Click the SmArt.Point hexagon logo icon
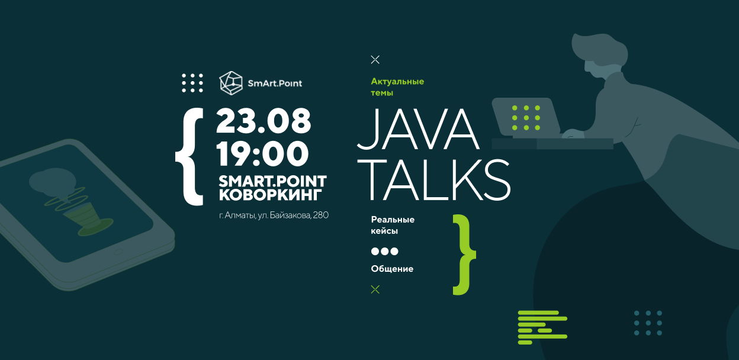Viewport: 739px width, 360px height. click(231, 83)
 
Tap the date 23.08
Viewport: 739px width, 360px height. click(264, 121)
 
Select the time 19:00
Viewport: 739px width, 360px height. click(262, 153)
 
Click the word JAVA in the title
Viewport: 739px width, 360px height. click(418, 129)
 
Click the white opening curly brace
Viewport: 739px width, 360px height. click(189, 157)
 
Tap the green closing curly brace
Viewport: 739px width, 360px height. click(464, 255)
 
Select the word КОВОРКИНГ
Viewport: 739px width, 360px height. click(270, 195)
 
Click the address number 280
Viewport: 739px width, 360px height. click(321, 216)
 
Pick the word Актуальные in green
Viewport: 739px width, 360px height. click(397, 82)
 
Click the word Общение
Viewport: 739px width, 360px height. click(392, 269)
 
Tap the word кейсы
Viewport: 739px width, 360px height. click(384, 231)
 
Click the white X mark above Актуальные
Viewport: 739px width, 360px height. click(375, 60)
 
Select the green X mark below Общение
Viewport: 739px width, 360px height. click(375, 290)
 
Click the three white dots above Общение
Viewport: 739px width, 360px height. click(385, 252)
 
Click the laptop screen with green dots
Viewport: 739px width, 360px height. click(525, 117)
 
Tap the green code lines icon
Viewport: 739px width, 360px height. click(542, 327)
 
